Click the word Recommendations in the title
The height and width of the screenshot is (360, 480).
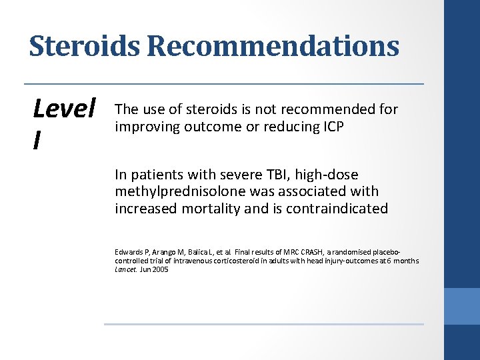click(x=273, y=46)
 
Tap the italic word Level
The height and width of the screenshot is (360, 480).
click(x=65, y=108)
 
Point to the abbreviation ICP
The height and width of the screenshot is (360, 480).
click(x=331, y=127)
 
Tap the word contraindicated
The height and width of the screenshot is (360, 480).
click(x=337, y=208)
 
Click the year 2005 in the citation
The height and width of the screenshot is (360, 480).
click(x=159, y=270)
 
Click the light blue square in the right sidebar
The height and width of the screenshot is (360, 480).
click(x=462, y=306)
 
